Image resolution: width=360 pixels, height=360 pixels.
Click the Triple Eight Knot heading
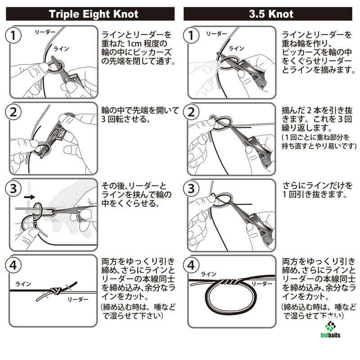click(x=94, y=14)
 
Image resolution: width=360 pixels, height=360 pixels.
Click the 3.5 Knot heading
click(x=271, y=14)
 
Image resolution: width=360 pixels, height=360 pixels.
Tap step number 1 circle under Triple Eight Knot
click(x=13, y=36)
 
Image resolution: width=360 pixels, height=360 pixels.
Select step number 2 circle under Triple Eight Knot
click(x=13, y=112)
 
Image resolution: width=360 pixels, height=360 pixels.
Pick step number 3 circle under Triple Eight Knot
click(x=13, y=188)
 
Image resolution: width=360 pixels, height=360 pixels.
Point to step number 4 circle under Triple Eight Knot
click(x=13, y=265)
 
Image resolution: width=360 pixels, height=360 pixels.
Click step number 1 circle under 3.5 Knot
click(x=191, y=36)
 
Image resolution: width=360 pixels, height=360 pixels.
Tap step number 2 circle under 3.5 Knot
click(x=191, y=112)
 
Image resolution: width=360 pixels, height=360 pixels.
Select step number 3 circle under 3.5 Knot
click(x=191, y=188)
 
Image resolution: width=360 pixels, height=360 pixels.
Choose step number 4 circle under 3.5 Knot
click(x=191, y=265)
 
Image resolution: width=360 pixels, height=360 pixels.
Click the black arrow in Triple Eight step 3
click(x=29, y=197)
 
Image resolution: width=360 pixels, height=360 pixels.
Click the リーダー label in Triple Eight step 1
click(x=45, y=32)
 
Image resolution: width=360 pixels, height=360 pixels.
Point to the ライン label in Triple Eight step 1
click(x=61, y=49)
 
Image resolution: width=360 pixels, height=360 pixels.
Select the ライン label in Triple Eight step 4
click(x=23, y=284)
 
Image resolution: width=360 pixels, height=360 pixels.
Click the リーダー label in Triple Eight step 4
click(x=78, y=299)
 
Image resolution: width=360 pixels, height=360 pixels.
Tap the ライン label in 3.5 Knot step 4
click(x=208, y=274)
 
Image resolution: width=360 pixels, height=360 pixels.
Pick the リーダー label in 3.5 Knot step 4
click(x=262, y=284)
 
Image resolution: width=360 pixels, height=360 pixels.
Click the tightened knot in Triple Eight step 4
click(x=55, y=291)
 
